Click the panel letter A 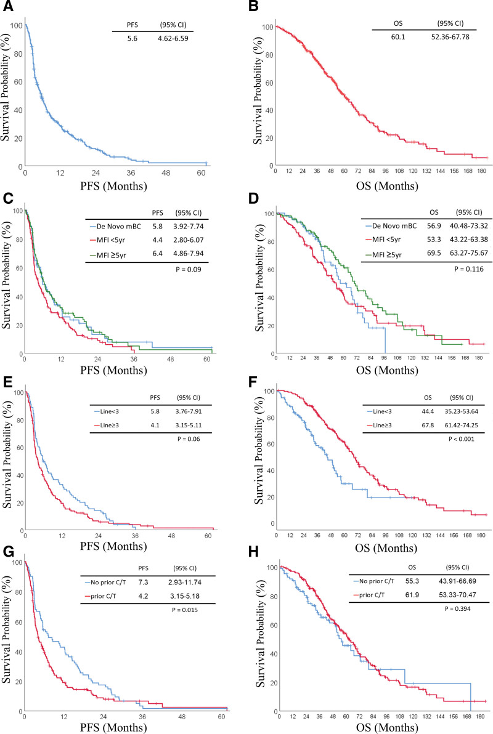click(x=8, y=7)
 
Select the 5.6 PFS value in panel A click(x=132, y=38)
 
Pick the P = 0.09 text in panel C click(x=189, y=269)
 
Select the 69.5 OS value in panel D click(x=434, y=253)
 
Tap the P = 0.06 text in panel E click(x=189, y=438)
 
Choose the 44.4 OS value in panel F click(x=428, y=411)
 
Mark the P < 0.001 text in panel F click(x=461, y=438)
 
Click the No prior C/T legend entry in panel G click(x=105, y=583)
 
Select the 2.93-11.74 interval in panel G click(x=185, y=583)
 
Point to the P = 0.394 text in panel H click(x=457, y=608)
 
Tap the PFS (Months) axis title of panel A click(x=113, y=186)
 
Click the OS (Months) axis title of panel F click(x=386, y=547)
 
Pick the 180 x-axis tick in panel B click(x=481, y=171)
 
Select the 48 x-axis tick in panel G click(x=182, y=717)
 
